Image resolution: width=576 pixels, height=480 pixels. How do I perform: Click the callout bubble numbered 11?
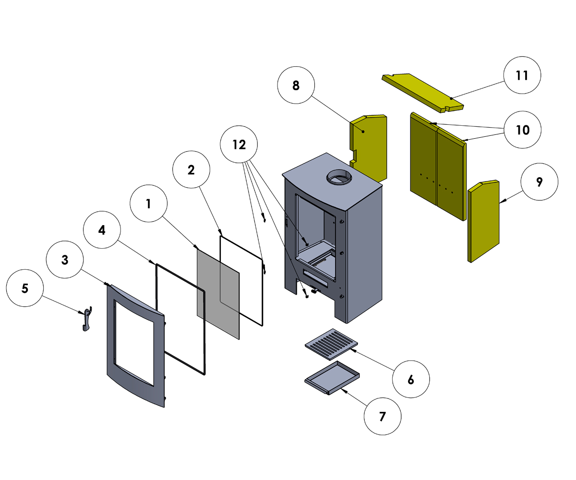click(x=522, y=75)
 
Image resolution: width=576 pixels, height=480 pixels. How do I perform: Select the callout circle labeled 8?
click(x=296, y=85)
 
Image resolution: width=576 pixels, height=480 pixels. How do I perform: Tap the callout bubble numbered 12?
click(x=239, y=144)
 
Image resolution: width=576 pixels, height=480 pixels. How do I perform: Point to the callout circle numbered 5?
click(x=25, y=288)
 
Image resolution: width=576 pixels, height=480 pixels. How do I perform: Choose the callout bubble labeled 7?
click(x=382, y=417)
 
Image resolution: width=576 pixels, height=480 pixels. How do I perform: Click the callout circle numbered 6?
click(x=411, y=379)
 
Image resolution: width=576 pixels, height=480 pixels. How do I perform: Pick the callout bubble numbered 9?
click(x=540, y=182)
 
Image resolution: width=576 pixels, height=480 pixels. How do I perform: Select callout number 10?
click(x=522, y=130)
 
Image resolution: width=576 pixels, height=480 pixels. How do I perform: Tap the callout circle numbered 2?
click(x=191, y=170)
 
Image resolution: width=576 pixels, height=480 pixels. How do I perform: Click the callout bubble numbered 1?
click(x=148, y=204)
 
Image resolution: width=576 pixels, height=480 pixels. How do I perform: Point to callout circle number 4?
click(x=102, y=230)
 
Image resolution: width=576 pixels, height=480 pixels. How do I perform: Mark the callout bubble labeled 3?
click(x=65, y=260)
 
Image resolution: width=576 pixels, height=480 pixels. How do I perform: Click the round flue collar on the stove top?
click(x=340, y=178)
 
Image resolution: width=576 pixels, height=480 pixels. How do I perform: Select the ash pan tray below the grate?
click(x=332, y=377)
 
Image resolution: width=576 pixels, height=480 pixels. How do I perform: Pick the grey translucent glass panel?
click(x=218, y=293)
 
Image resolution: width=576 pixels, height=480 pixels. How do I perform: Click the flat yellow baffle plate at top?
click(x=422, y=91)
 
